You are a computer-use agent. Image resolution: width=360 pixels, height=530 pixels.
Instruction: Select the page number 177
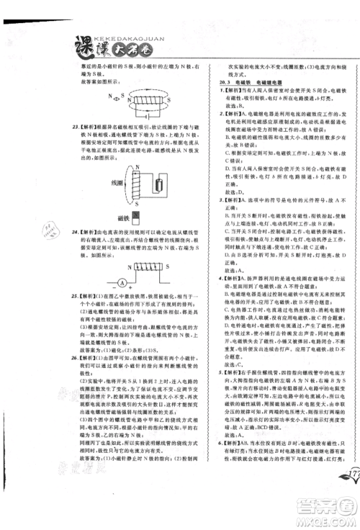(x=348, y=476)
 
